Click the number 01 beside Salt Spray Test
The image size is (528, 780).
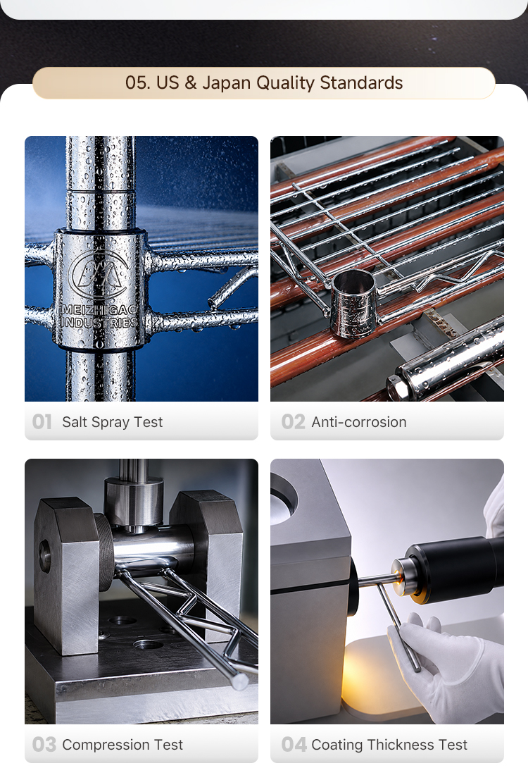pyautogui.click(x=42, y=422)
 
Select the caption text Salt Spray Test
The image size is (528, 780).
pyautogui.click(x=113, y=422)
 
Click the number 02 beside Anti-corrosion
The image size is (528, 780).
pyautogui.click(x=293, y=422)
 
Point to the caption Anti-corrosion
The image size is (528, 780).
pyautogui.click(x=359, y=422)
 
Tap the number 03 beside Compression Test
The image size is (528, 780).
pyautogui.click(x=44, y=745)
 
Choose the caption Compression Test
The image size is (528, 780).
pyautogui.click(x=122, y=745)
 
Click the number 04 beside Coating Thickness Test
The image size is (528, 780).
pyautogui.click(x=294, y=745)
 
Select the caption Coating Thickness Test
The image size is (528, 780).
pyautogui.click(x=389, y=745)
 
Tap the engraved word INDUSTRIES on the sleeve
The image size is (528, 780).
pyautogui.click(x=99, y=322)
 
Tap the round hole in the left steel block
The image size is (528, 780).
pyautogui.click(x=45, y=557)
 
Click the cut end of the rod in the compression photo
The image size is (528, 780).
pyautogui.click(x=241, y=681)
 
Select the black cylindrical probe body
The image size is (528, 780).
pyautogui.click(x=455, y=568)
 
